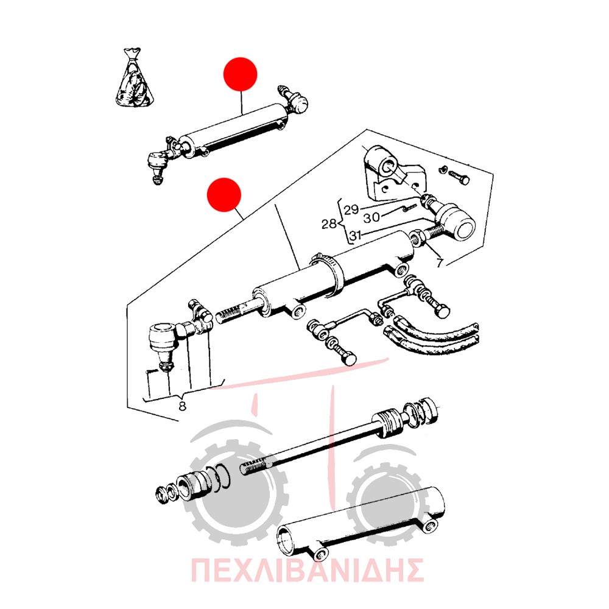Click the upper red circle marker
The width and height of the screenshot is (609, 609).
(x=241, y=74)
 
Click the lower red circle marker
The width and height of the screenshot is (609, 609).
(x=224, y=195)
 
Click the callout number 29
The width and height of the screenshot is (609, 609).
(x=351, y=209)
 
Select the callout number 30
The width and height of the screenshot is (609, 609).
(x=371, y=217)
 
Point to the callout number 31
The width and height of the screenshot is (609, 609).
(x=356, y=235)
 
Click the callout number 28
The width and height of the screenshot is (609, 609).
(x=329, y=224)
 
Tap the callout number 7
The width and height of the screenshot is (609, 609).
(x=439, y=263)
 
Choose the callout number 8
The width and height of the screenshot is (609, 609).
(x=182, y=406)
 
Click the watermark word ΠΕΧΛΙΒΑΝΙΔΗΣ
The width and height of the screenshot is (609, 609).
(x=307, y=570)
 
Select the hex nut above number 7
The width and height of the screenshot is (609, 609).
(x=417, y=238)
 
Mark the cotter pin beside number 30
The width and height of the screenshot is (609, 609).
(x=410, y=208)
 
